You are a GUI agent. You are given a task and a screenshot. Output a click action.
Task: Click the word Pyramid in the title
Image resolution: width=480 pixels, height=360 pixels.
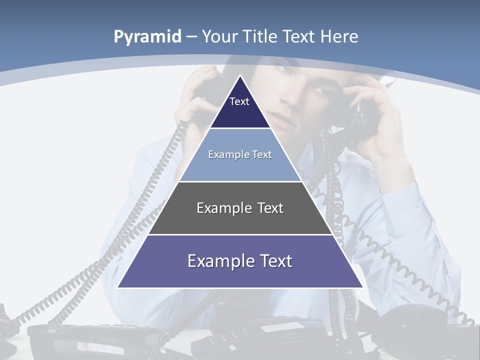[147, 37]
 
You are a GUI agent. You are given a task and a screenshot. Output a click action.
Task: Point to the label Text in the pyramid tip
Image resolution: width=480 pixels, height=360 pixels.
[239, 101]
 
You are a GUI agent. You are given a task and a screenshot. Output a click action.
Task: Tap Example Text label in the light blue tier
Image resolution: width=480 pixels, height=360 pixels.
[240, 154]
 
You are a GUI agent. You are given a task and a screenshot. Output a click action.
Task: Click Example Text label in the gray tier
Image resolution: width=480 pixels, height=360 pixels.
[240, 208]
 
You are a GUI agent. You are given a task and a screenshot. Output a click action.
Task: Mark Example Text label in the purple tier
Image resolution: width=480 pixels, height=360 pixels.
[240, 261]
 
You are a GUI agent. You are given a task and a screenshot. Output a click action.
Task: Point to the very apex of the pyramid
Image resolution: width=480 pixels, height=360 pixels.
[240, 76]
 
